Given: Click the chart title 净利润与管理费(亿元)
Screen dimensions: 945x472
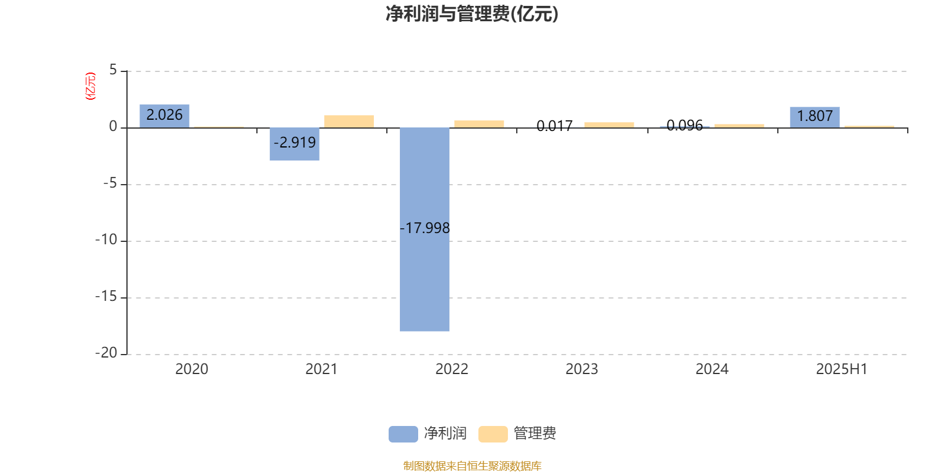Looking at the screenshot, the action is (x=472, y=14).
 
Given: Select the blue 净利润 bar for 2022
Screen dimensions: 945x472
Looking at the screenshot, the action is (x=425, y=230).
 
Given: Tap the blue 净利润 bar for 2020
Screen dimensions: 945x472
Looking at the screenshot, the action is (x=165, y=116).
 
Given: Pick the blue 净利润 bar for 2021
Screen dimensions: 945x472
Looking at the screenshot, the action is (x=295, y=144).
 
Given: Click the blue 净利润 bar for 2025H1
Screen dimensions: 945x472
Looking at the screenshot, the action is (x=814, y=117).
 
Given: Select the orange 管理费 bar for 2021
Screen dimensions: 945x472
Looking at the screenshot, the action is (x=349, y=122).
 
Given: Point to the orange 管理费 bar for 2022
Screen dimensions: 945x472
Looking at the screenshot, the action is (x=479, y=124).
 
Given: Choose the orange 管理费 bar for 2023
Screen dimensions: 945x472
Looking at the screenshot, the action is (x=609, y=124).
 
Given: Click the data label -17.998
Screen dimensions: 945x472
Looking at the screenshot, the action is (x=425, y=228).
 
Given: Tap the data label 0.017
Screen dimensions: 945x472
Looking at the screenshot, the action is (x=555, y=126).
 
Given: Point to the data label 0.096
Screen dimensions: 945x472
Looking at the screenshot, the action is (x=685, y=125).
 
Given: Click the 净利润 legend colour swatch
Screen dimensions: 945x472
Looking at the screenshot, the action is (x=403, y=434).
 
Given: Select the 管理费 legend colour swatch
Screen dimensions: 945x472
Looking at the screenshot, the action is (x=493, y=434).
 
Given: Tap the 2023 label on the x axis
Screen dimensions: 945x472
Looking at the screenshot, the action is (x=582, y=369).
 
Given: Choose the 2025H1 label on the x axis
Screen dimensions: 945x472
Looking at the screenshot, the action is (x=842, y=369).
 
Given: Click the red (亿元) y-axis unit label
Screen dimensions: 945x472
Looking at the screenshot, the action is (x=90, y=86).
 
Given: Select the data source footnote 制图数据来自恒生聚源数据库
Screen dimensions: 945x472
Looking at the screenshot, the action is (x=472, y=466).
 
